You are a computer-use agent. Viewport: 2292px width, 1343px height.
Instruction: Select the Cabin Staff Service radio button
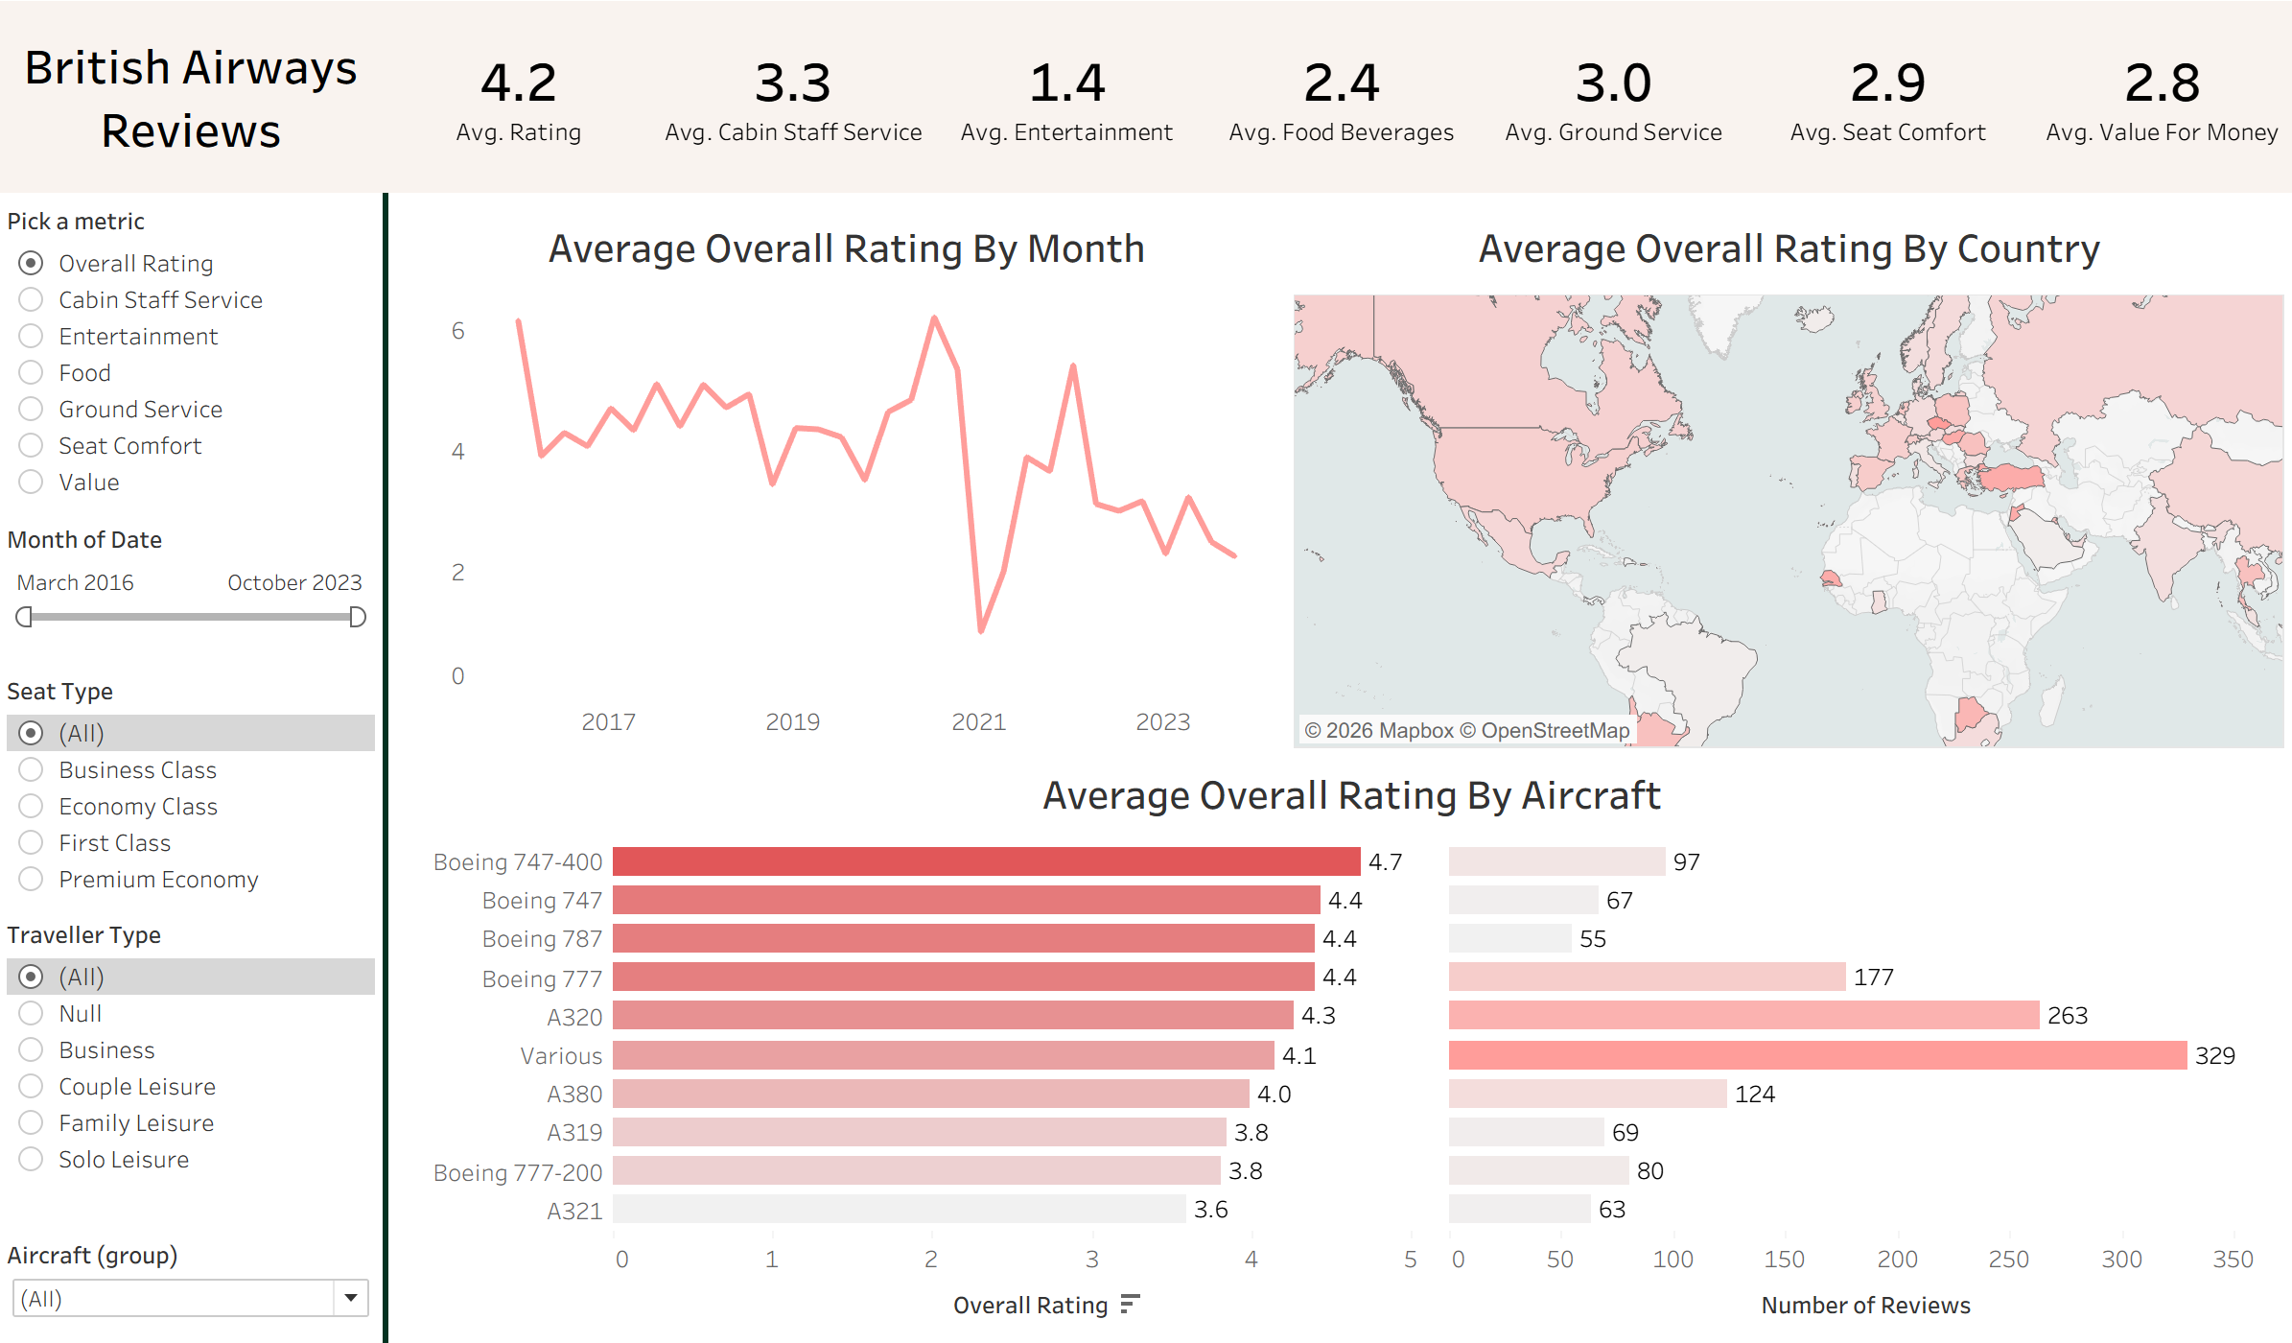(x=31, y=300)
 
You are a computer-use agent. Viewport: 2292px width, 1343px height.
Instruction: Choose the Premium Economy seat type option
(x=31, y=880)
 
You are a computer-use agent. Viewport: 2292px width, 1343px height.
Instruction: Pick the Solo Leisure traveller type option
(x=31, y=1160)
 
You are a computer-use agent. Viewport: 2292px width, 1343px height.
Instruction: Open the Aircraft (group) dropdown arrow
(x=351, y=1299)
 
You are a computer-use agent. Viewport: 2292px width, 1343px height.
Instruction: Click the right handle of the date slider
(x=358, y=617)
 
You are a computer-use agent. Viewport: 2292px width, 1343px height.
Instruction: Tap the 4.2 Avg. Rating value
(x=518, y=83)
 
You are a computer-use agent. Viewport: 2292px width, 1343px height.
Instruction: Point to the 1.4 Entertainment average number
(x=1066, y=83)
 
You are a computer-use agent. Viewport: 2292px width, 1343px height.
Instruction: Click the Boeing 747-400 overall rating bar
(x=986, y=861)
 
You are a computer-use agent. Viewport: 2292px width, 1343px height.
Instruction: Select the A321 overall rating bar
(x=899, y=1210)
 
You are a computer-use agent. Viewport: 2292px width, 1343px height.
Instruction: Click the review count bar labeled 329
(x=1817, y=1055)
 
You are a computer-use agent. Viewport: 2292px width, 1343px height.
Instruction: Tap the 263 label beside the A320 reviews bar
(x=2067, y=1016)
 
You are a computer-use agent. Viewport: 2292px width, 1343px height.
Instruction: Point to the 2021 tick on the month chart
(x=978, y=722)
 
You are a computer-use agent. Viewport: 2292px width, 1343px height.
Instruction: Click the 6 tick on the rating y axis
(x=458, y=331)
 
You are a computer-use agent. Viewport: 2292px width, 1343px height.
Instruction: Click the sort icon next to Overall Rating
(x=1131, y=1305)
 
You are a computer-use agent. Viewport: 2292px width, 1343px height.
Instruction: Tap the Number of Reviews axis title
(x=1865, y=1306)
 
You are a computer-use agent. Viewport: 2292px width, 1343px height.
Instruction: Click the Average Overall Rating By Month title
(x=846, y=249)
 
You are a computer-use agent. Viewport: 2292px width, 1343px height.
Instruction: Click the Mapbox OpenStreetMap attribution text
(x=1466, y=731)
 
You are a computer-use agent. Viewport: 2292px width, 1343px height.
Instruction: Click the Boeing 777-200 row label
(x=518, y=1173)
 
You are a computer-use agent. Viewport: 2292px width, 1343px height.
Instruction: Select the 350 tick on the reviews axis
(x=2233, y=1260)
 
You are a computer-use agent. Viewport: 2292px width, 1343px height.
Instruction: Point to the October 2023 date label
(x=294, y=583)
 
